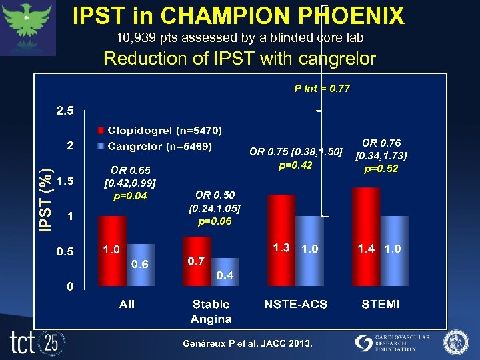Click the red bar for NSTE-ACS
[280, 240]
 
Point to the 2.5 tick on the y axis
[65, 111]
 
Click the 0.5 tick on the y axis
[65, 251]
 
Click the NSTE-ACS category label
[295, 304]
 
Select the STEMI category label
[381, 304]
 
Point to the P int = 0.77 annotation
[322, 88]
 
